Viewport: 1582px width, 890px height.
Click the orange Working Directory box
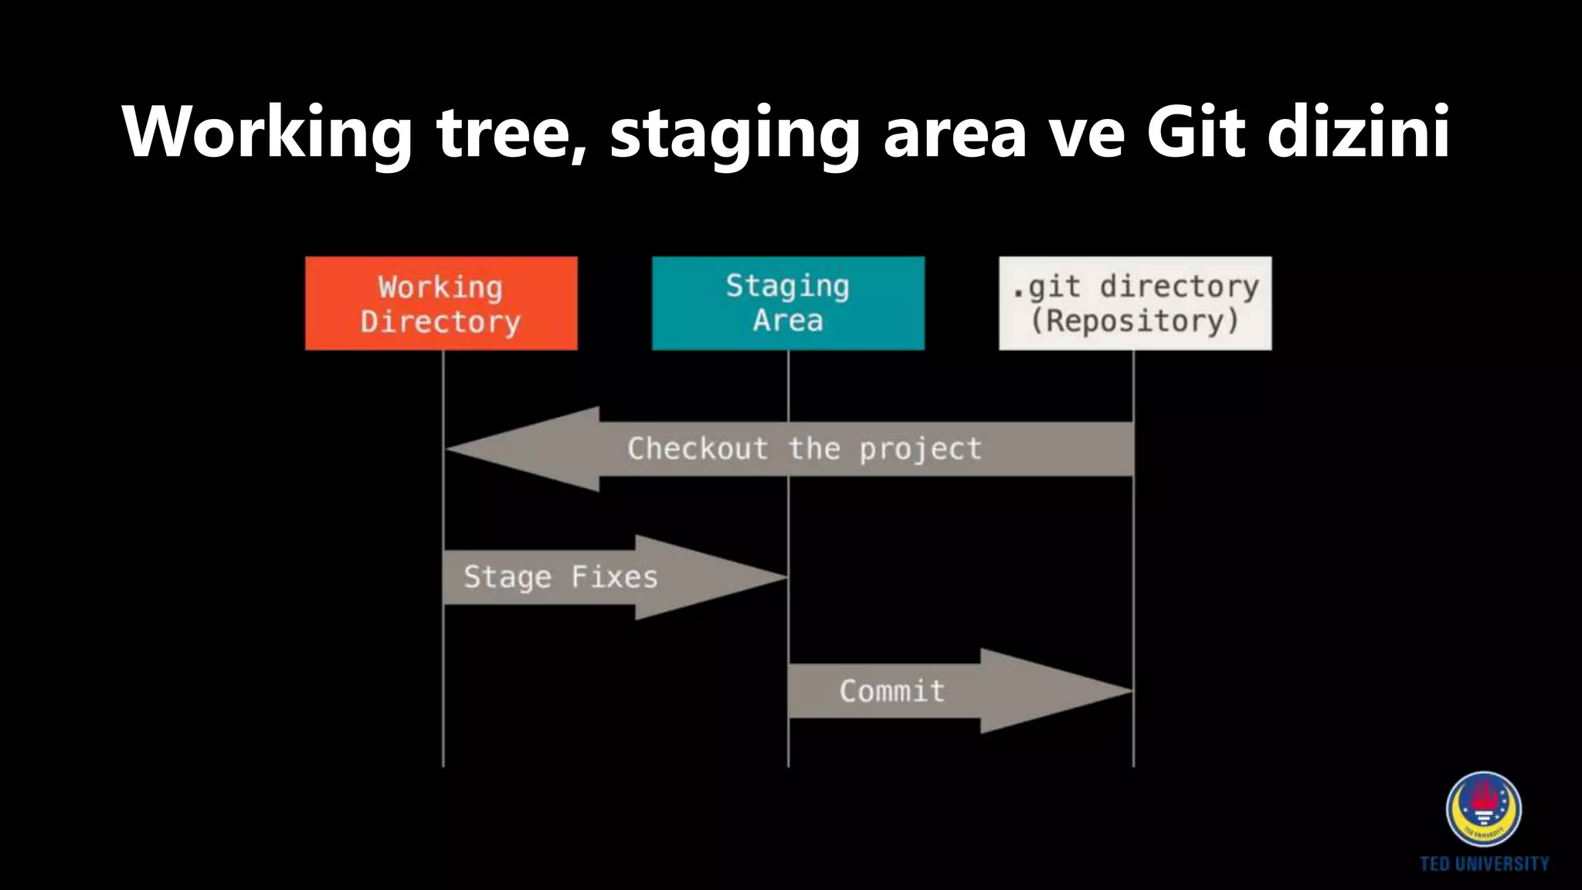(441, 303)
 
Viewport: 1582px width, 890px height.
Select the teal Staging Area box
(788, 303)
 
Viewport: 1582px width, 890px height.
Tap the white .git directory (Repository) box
(1135, 303)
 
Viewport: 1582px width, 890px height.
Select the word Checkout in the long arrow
(698, 449)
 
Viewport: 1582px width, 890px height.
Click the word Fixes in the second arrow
(614, 577)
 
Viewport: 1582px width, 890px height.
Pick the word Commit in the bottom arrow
(892, 691)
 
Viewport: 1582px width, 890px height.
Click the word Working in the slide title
(266, 133)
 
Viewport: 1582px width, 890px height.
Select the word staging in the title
(734, 133)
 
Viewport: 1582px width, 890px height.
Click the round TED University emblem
(1483, 809)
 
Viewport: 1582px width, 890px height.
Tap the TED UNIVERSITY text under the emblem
(1484, 864)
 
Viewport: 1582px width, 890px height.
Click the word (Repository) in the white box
(1135, 321)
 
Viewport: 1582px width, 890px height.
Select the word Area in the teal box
(788, 320)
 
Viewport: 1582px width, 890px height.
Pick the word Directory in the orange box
(440, 321)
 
